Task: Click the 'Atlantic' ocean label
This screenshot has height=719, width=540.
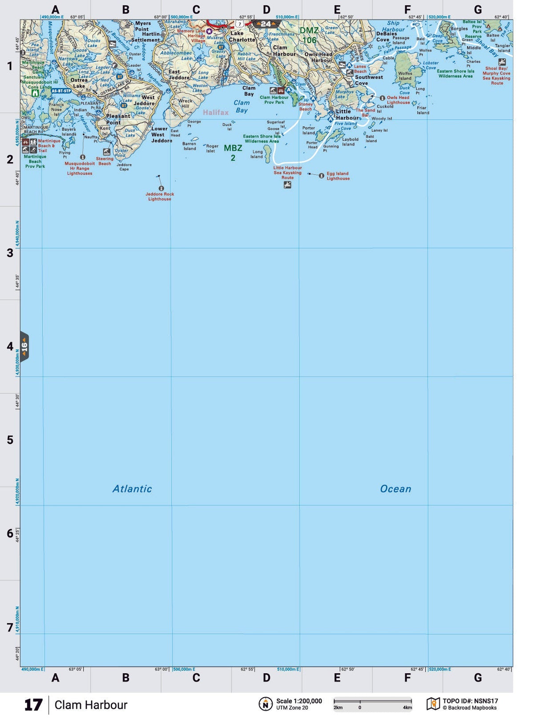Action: coord(132,489)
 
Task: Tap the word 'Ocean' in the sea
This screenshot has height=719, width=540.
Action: coord(395,489)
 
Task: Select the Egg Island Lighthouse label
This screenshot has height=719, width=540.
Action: coord(338,176)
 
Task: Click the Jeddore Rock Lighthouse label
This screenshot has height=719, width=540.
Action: coord(160,196)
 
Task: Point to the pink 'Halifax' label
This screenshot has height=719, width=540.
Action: coord(216,112)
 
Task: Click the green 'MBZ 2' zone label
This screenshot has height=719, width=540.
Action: coord(233,152)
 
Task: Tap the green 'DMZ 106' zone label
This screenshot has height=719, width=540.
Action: coord(309,35)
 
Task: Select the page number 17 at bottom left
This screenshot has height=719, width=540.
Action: coord(33,705)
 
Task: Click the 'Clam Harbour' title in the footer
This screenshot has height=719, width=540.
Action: coord(91,705)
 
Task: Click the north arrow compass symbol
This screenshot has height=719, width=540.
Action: coord(266,704)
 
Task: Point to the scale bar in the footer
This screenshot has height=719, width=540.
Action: coord(373,702)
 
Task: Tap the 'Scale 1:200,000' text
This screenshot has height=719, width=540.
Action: coord(299,701)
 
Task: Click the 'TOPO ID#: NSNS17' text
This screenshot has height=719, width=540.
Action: coord(470,701)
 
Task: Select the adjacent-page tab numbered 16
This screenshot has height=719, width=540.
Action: coord(24,346)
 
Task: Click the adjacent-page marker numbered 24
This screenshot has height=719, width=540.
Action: coord(266,24)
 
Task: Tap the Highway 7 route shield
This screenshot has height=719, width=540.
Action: coord(240,24)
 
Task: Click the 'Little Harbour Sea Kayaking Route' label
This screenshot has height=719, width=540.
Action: coord(287,172)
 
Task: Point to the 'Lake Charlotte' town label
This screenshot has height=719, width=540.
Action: coord(242,36)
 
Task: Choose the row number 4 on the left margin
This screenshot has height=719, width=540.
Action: coord(10,346)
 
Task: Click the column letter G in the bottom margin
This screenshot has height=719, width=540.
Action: coord(478,678)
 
